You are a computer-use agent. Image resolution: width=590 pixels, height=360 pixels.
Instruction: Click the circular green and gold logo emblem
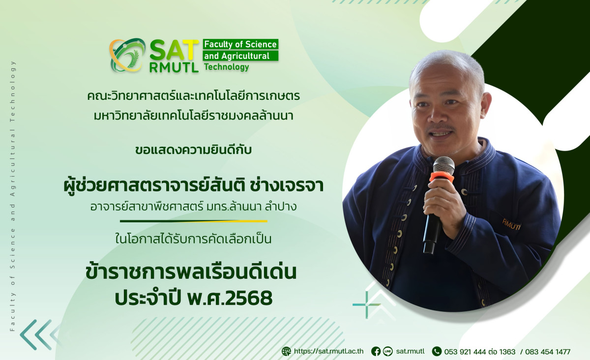(x=127, y=55)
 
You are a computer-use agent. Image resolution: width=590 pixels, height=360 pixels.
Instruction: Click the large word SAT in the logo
(x=174, y=51)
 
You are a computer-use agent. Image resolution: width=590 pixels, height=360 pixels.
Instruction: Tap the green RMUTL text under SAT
(x=174, y=68)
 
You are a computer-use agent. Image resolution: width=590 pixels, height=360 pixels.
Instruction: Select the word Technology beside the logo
(x=227, y=67)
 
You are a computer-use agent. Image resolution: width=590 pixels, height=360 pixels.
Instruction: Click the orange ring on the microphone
(x=442, y=177)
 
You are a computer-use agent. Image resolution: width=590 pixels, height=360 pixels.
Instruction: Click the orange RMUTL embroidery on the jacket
(x=511, y=224)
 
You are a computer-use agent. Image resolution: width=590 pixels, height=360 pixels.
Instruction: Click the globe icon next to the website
(x=286, y=351)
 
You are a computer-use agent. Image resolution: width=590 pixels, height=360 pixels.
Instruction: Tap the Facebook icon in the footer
(x=376, y=351)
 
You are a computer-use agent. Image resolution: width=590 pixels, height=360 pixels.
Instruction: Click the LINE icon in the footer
(x=387, y=351)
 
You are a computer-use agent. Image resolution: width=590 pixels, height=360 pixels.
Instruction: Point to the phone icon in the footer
(x=437, y=351)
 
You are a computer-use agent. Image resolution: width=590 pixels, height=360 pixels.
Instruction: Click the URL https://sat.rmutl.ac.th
(x=329, y=351)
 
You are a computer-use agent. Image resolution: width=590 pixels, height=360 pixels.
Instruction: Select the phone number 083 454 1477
(x=548, y=352)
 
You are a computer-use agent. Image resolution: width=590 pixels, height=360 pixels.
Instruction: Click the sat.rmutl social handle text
(x=411, y=351)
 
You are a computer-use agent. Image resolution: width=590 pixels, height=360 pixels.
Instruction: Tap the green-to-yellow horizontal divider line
(x=194, y=221)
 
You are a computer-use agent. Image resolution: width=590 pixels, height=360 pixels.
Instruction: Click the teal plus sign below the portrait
(x=367, y=304)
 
